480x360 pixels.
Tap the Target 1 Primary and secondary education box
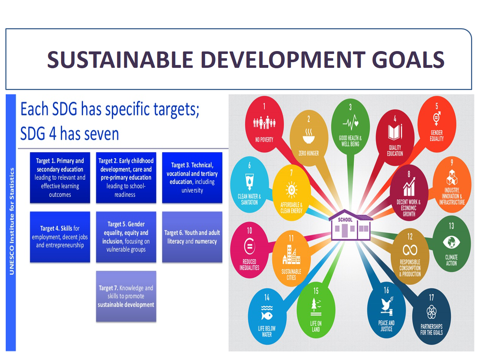pos(60,177)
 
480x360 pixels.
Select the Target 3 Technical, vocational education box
pos(192,177)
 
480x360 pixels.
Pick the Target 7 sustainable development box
pos(126,296)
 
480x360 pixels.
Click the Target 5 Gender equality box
pos(126,237)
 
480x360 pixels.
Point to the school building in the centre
pos(350,225)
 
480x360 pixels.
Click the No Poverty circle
pos(264,124)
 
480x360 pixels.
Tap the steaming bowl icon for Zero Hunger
pos(309,136)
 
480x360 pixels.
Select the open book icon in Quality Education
pos(395,132)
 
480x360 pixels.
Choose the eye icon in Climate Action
pos(451,242)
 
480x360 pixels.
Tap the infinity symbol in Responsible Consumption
pos(410,250)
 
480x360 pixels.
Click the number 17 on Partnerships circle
pos(431,297)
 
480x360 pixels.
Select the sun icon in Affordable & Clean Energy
pos(291,190)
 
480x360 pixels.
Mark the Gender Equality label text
pos(436,135)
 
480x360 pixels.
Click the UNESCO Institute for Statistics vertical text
pos(11,221)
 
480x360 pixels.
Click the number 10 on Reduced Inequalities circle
pos(249,230)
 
